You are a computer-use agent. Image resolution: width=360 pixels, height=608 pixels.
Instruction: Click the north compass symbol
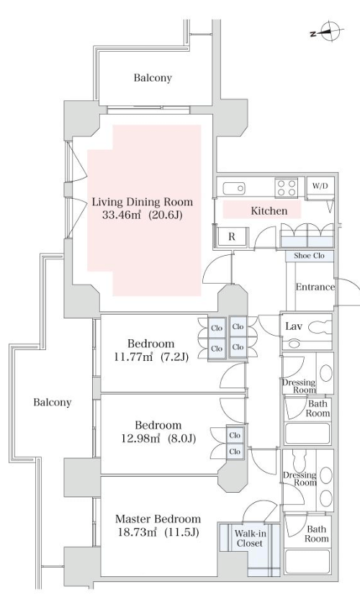tap(328, 32)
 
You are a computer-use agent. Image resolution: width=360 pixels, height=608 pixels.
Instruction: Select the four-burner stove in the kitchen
tap(287, 188)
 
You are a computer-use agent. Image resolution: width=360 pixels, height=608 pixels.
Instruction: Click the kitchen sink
tap(234, 188)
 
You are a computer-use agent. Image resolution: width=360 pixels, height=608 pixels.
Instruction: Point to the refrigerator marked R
tap(231, 236)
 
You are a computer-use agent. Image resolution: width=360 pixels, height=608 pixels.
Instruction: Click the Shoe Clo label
tap(309, 256)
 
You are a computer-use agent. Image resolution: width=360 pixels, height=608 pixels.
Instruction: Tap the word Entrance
tap(315, 287)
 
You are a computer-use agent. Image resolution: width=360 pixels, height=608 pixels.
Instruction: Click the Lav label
tap(293, 326)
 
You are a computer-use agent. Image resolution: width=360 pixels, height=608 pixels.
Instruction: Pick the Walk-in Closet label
tap(251, 539)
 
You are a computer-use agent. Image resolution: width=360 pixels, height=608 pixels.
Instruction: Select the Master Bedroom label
tap(158, 519)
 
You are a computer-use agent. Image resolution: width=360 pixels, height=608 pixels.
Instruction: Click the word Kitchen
tap(269, 211)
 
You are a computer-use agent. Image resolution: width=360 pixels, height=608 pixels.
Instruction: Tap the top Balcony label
tap(153, 78)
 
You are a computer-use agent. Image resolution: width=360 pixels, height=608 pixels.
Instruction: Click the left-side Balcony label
tap(53, 403)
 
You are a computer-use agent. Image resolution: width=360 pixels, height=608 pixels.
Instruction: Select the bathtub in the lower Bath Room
tap(307, 561)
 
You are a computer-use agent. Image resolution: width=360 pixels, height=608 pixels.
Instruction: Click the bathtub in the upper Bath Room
tap(307, 434)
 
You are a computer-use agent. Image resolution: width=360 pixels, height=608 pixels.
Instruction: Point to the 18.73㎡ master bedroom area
tap(138, 532)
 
